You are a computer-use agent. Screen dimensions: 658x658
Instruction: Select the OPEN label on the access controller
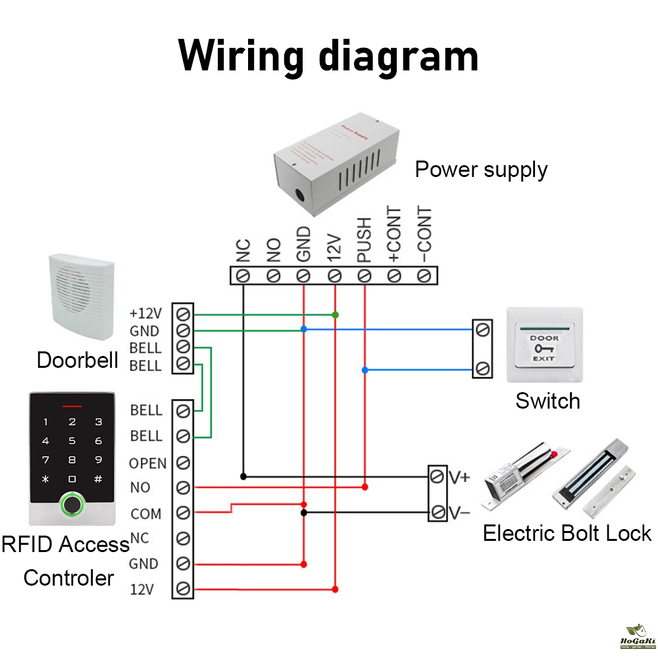click(x=147, y=463)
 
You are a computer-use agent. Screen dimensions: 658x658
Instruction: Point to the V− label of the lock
click(x=460, y=511)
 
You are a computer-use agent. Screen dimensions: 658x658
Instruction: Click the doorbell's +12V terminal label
click(x=145, y=313)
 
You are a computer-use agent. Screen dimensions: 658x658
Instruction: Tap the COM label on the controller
click(x=145, y=514)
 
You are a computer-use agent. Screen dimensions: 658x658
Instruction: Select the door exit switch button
click(x=544, y=345)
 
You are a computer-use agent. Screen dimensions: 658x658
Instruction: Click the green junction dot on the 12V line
click(x=336, y=315)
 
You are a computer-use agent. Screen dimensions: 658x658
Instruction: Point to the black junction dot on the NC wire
click(x=243, y=476)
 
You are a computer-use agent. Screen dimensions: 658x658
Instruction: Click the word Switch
click(x=547, y=401)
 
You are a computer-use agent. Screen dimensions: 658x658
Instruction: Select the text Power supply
click(x=481, y=170)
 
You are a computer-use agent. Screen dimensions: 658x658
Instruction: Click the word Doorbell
click(x=78, y=361)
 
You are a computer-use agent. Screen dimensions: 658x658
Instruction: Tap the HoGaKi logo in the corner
click(x=637, y=636)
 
